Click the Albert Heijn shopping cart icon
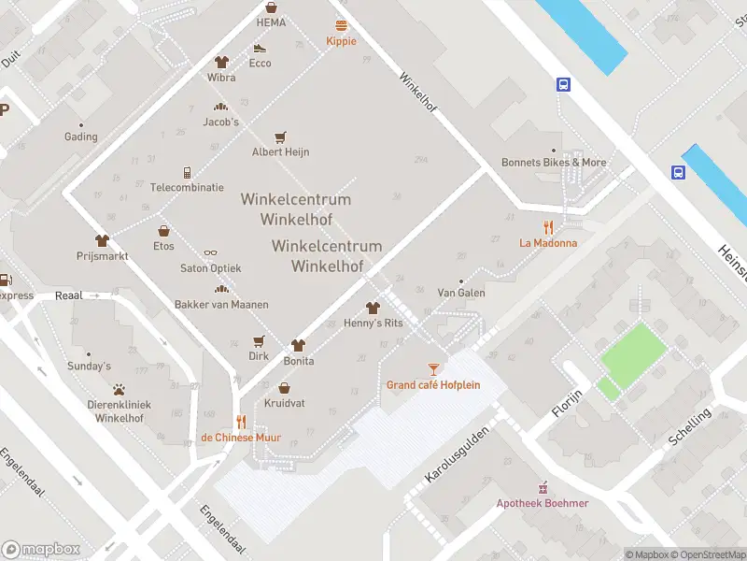280,137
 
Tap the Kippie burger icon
341,25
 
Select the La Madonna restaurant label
548,243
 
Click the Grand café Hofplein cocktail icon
433,370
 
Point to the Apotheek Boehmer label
543,503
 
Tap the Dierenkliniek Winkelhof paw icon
119,389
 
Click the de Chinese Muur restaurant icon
241,422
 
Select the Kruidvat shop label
283,403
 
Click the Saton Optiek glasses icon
210,253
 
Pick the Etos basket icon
163,231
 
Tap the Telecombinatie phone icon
188,172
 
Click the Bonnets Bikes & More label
554,162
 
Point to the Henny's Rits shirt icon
373,308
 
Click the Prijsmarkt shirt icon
102,240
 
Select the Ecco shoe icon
260,48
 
